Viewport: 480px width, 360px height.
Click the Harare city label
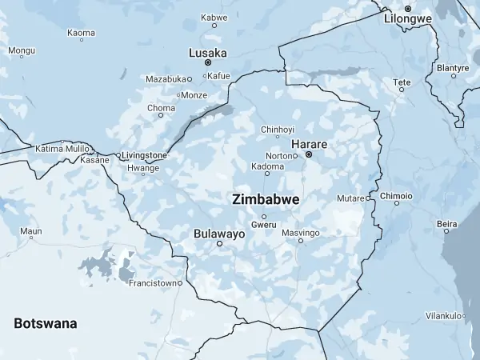pos(308,143)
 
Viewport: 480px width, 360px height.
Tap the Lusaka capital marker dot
pos(208,62)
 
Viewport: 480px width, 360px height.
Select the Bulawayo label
pos(219,234)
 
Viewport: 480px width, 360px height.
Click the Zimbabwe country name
pos(266,199)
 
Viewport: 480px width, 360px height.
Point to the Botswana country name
pos(46,323)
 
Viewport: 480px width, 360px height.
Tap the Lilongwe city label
pos(408,18)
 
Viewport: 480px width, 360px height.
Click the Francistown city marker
pos(180,282)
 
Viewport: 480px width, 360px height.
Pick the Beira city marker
pos(446,230)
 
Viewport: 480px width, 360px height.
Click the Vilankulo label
pos(444,316)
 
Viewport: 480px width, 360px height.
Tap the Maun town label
pos(30,231)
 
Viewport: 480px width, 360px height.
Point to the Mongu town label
pos(22,50)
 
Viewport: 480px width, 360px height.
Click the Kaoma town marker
pos(82,40)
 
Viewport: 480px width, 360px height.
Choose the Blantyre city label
pos(452,67)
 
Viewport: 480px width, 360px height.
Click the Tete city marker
pos(402,90)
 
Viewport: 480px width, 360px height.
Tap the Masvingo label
pos(301,232)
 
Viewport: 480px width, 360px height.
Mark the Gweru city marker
pos(264,216)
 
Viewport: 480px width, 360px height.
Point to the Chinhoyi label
pos(278,129)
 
